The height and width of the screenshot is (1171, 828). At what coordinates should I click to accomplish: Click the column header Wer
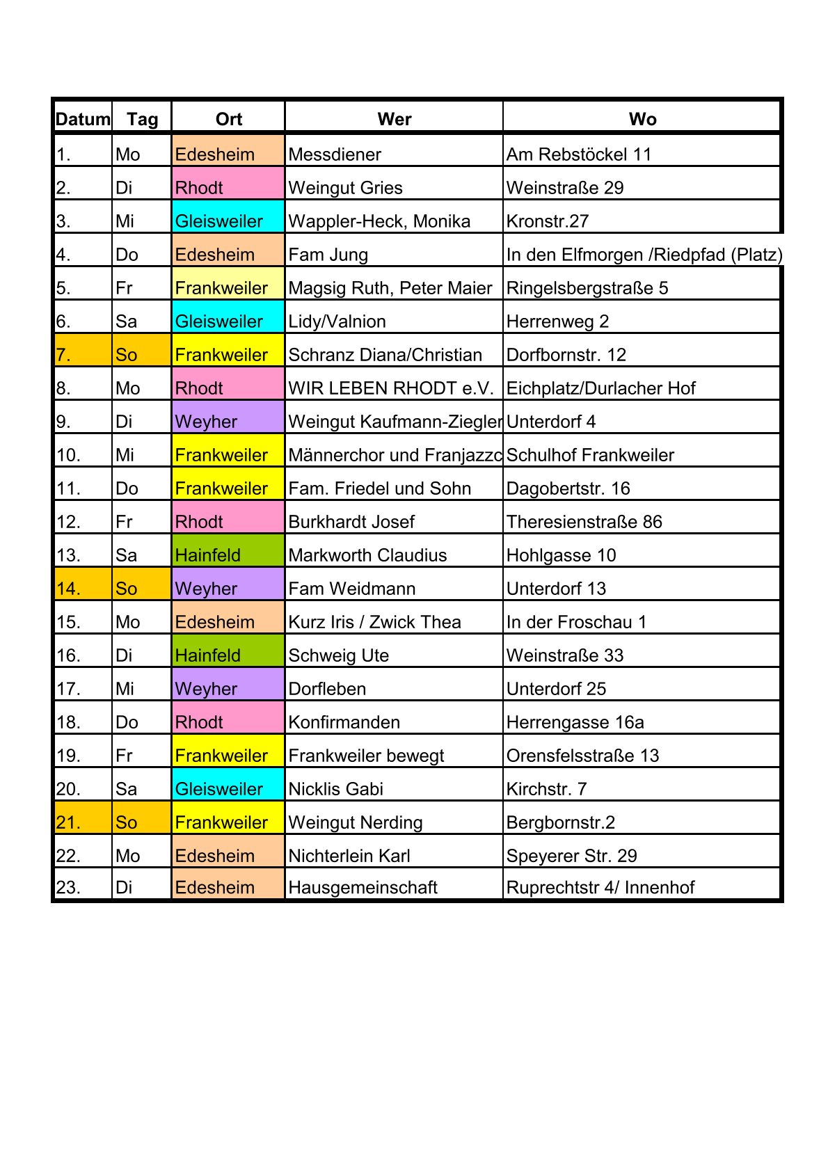[x=394, y=119]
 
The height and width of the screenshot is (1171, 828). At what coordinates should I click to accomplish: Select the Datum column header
[x=83, y=119]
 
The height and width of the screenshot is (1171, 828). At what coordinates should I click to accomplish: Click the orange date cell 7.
[x=83, y=355]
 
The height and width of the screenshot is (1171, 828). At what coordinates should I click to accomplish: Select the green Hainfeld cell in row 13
[x=228, y=555]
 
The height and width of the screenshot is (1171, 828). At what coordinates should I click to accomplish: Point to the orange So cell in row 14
[x=141, y=589]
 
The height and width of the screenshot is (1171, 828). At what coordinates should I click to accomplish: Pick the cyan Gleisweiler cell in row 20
[x=228, y=789]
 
